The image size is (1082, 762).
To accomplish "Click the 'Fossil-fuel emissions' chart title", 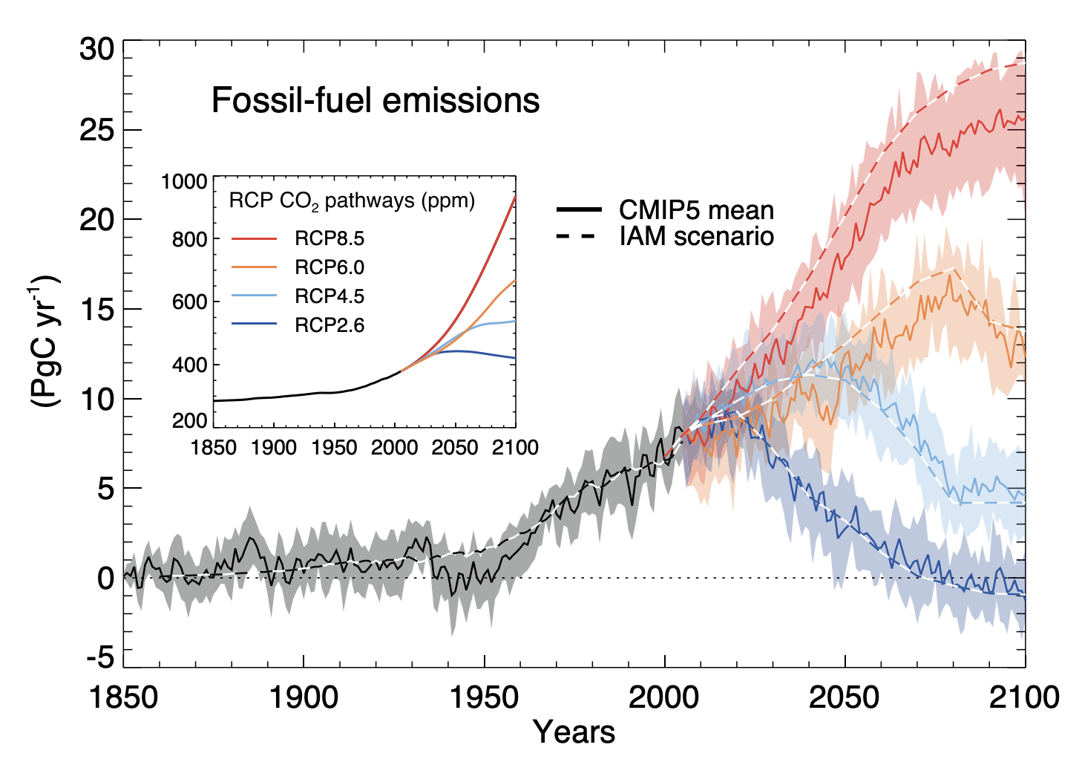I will click(375, 100).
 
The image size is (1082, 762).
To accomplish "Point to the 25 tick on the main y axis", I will click(97, 131).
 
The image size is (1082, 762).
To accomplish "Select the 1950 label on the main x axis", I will click(485, 698).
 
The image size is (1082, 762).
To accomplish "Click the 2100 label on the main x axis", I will click(1025, 698).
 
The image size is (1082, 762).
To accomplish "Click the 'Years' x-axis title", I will click(574, 732).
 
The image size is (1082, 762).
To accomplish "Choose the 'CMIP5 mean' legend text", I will click(696, 210).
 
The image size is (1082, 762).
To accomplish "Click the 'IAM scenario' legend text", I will click(696, 236).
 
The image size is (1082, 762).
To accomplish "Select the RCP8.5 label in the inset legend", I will click(329, 239).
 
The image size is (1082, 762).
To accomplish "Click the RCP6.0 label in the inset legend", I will click(329, 267).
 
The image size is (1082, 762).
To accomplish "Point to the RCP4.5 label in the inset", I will click(329, 296).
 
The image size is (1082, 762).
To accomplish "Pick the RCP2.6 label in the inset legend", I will click(329, 325).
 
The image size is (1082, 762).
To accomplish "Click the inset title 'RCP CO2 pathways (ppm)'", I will click(352, 201).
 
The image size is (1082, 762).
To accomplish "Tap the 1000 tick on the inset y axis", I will click(184, 182).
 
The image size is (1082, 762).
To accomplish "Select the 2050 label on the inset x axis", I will click(455, 448).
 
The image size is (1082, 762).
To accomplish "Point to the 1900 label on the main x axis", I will click(304, 698).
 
